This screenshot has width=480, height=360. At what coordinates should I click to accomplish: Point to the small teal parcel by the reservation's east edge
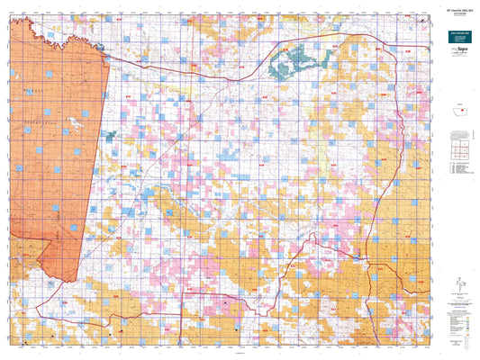[x=111, y=135]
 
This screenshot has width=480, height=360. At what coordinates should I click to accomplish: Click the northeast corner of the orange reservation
[x=109, y=60]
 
